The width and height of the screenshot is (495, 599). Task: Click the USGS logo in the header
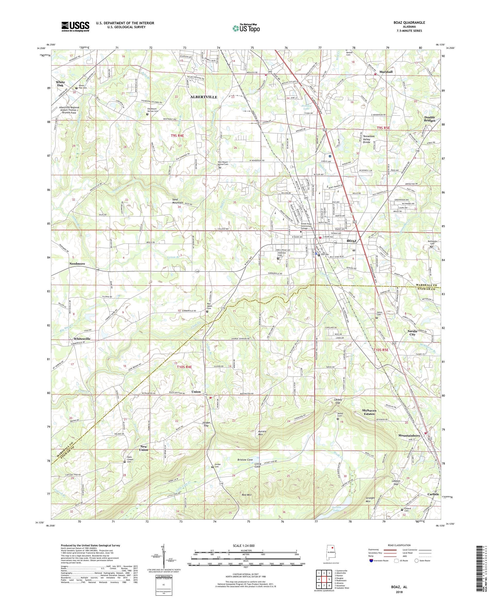coord(76,27)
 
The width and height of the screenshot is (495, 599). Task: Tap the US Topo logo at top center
coord(246,28)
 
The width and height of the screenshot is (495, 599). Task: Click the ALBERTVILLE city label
coord(204,97)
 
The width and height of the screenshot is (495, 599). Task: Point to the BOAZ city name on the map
coord(351,241)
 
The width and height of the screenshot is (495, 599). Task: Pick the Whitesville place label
coord(82,338)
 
